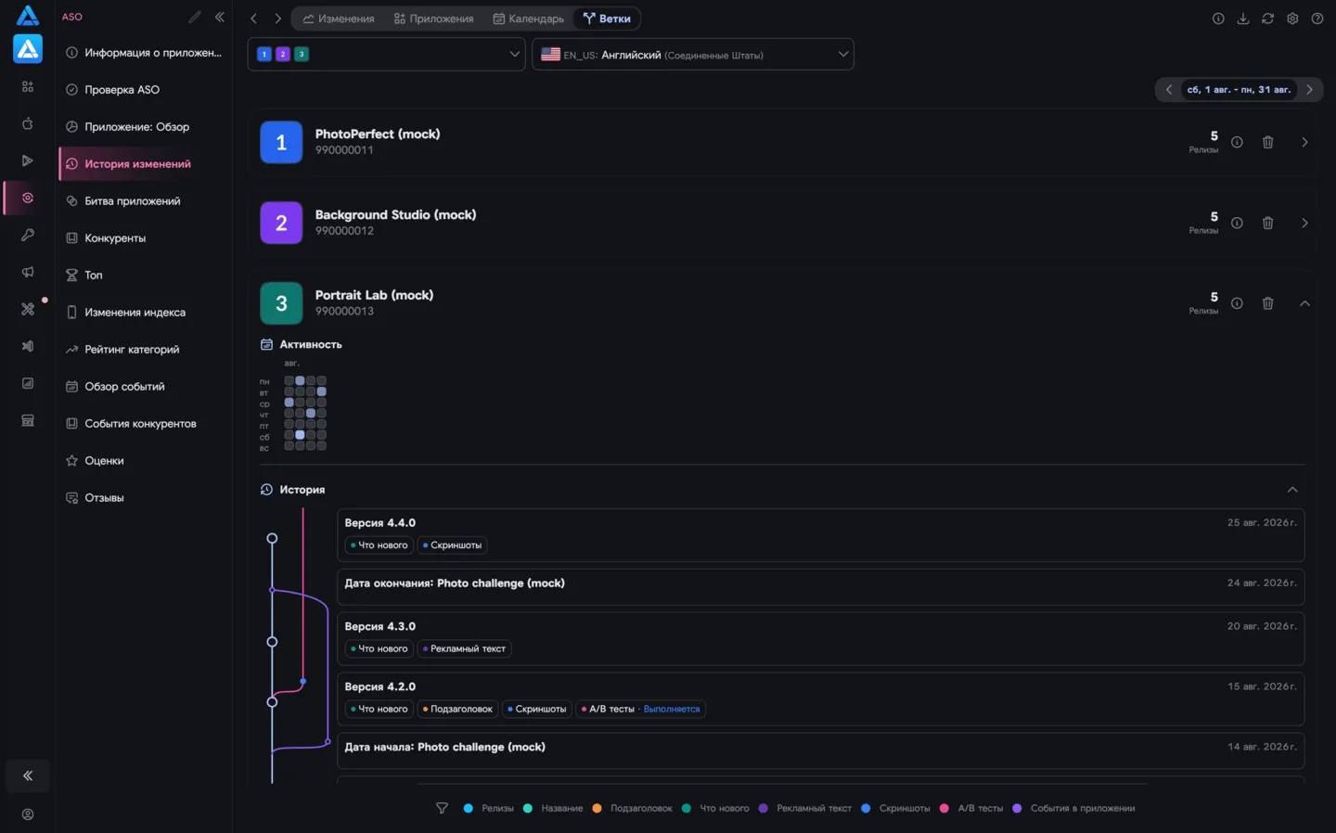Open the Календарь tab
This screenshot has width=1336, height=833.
point(529,19)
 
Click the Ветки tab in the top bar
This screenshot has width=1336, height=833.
point(607,19)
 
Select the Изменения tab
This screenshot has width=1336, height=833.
point(338,19)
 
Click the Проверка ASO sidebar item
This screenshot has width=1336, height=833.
point(122,89)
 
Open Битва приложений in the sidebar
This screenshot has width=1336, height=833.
point(132,201)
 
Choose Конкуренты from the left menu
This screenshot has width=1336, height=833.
point(114,237)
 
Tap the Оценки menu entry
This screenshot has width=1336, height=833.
point(104,460)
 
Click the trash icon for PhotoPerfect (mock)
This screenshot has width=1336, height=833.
point(1268,142)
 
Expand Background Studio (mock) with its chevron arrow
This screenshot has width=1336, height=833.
point(1304,223)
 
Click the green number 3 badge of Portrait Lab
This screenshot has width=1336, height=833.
point(281,303)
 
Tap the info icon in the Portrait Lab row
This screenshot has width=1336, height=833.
point(1237,303)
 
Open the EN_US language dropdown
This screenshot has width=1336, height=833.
point(692,54)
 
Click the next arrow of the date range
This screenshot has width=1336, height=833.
point(1309,89)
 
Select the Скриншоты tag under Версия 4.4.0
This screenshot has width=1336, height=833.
point(452,545)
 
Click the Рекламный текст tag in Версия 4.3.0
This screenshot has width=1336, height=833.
point(464,648)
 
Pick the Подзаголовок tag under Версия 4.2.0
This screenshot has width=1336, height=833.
point(457,709)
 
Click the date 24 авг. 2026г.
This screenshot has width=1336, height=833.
point(1262,583)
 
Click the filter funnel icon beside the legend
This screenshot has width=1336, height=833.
point(442,809)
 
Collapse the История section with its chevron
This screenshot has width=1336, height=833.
point(1291,490)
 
